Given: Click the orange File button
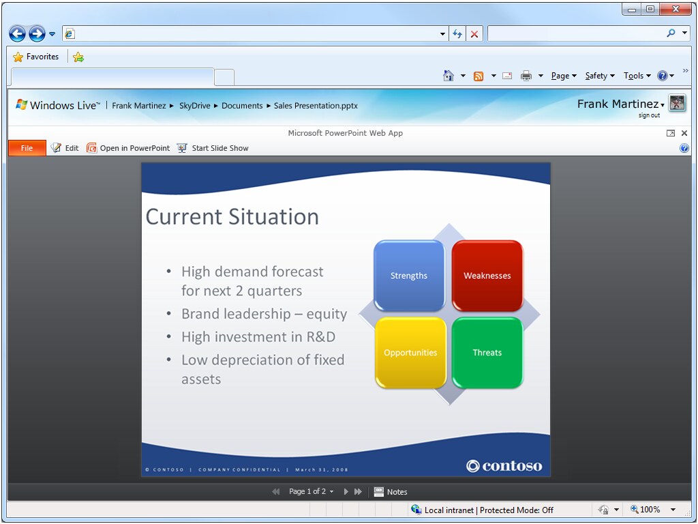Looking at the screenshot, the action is coord(27,148).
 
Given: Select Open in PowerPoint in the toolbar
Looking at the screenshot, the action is coord(128,148).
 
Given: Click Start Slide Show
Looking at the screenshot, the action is coord(213,148).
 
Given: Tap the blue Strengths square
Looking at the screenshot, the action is coord(409,276).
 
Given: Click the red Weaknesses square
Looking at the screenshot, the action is coord(487,276).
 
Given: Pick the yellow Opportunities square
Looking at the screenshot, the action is coord(410,353).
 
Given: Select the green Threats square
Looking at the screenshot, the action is coord(487,353).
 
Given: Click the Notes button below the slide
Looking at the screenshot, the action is coord(391,491).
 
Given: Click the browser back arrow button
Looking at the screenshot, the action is coord(17,33).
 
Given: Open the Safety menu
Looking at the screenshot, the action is coord(600,76).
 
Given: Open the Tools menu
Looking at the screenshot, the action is coord(637,76).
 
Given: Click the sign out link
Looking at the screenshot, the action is coord(649,115).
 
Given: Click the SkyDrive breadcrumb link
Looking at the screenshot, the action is coord(194,106).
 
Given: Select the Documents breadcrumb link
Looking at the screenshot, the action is coord(242,106).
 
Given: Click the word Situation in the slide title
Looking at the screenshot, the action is coord(273,217).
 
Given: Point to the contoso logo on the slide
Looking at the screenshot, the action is coord(504,465).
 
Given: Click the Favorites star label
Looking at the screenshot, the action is coord(36,57).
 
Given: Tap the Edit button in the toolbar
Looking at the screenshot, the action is coord(65,148).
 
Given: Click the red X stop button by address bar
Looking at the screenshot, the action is coord(474,34).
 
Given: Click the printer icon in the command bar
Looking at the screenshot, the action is coord(526,76).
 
